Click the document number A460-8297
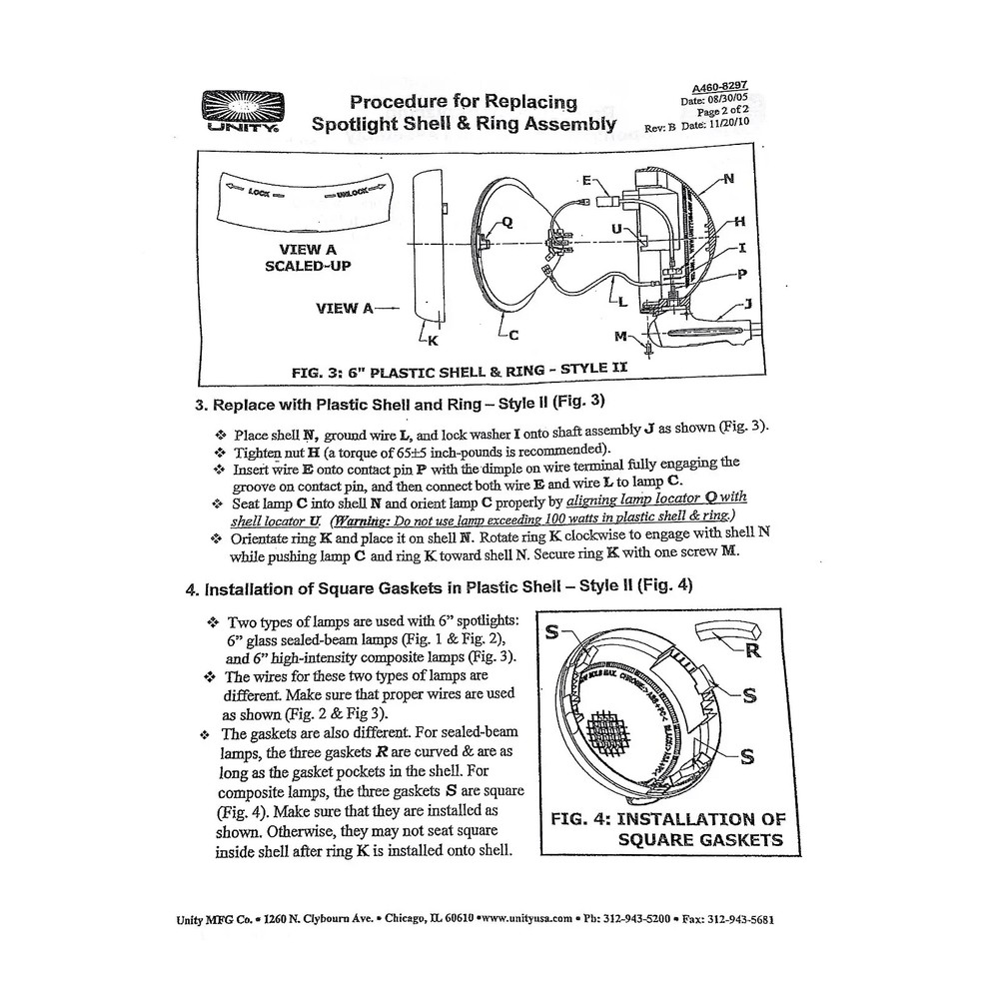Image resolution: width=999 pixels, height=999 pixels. [719, 87]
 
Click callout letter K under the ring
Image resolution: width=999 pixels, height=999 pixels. [433, 341]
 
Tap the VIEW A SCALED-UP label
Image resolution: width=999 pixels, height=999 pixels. [301, 258]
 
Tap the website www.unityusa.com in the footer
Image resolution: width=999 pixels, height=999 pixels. [524, 919]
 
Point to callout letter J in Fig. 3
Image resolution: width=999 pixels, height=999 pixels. [746, 303]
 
